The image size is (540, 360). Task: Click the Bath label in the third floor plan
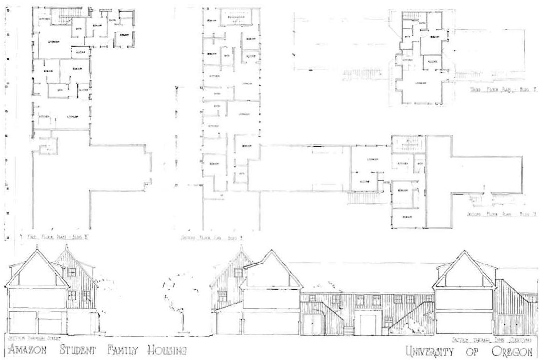pyautogui.click(x=407, y=36)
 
